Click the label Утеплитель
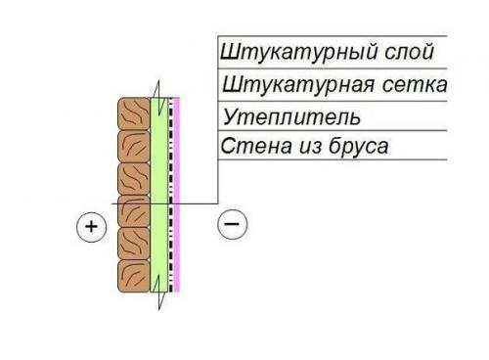coord(292,117)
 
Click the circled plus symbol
coord(91,228)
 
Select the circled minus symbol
coord(232,224)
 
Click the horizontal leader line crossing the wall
coord(196,202)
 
